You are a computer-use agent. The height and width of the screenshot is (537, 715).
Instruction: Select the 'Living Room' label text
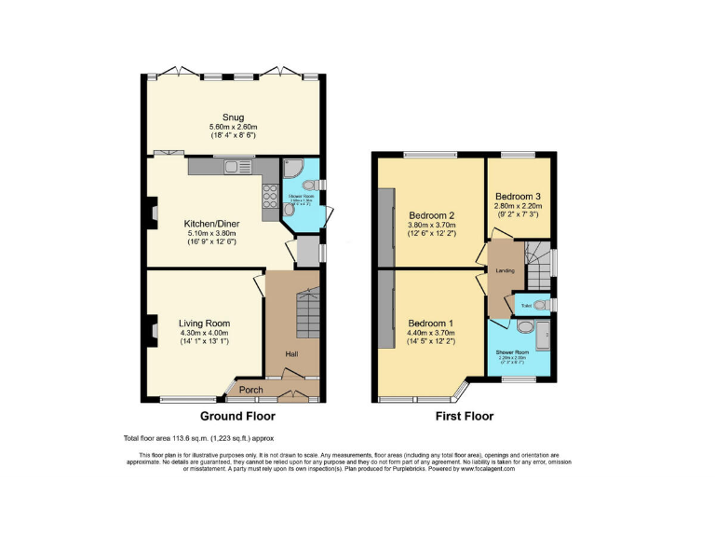(x=204, y=323)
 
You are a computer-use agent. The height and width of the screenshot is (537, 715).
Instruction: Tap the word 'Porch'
(x=252, y=390)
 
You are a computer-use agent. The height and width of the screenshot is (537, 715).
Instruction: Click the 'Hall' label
(x=291, y=353)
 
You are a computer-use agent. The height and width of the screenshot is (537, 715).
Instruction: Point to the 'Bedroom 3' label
(x=519, y=197)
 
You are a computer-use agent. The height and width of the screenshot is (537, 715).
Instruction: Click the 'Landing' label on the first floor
(x=504, y=272)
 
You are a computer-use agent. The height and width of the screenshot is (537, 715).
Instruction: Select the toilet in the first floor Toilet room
(x=543, y=304)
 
